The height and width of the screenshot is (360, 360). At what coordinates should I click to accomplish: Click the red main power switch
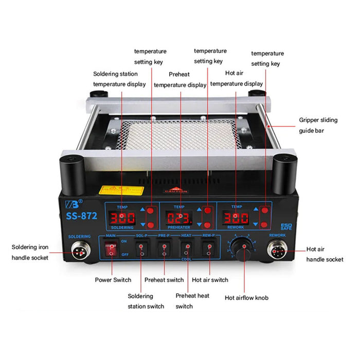tap(110, 250)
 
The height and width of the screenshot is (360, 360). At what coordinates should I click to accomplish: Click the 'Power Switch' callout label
tap(113, 280)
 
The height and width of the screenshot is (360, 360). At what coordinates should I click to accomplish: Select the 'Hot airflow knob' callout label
tap(246, 297)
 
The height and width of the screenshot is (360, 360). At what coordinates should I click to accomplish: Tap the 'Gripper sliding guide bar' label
tap(318, 125)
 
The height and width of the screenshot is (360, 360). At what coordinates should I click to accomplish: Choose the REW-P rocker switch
tap(208, 250)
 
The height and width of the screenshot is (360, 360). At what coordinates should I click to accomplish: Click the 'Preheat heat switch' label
tap(192, 301)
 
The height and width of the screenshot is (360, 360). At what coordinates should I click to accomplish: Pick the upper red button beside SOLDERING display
tap(151, 210)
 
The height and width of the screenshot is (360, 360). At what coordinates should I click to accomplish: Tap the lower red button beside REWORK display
tap(264, 225)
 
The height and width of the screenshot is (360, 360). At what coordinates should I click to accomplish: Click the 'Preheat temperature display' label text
tap(180, 80)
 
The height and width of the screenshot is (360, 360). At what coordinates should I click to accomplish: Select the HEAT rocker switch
tap(187, 250)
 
